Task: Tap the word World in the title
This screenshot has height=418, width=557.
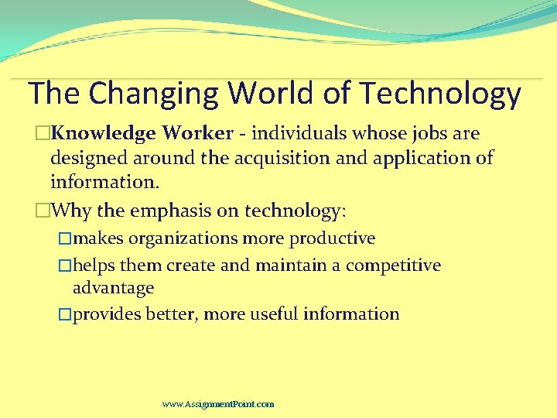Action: click(x=272, y=93)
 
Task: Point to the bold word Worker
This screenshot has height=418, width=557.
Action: click(x=197, y=134)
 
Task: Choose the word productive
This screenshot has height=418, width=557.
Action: click(x=332, y=238)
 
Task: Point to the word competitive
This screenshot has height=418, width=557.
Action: click(x=393, y=266)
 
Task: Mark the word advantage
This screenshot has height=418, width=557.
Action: click(x=113, y=289)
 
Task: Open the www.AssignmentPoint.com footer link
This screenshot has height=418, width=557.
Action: click(x=218, y=404)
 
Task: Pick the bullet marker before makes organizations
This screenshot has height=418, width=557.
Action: click(x=66, y=238)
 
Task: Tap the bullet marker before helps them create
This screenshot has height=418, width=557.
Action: click(x=66, y=266)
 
